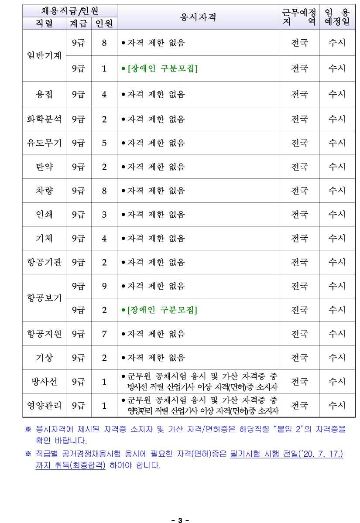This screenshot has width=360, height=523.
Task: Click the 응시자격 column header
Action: (198, 17)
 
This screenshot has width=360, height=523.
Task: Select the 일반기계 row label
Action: (45, 55)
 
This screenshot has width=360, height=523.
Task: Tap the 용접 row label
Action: (45, 94)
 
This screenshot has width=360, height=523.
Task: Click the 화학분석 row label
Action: (45, 119)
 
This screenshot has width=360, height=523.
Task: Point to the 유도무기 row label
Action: (45, 143)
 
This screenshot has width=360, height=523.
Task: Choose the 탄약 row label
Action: (45, 167)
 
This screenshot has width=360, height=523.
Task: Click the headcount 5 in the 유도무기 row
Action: (104, 143)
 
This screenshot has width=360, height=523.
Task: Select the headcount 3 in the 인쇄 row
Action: (104, 215)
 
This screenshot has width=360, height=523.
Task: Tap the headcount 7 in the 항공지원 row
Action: (104, 334)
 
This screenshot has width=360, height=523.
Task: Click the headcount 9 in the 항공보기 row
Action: (104, 286)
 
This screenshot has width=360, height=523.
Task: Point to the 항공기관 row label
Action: (45, 262)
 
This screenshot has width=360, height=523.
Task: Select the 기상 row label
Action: (45, 358)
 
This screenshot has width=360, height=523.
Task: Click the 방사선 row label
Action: (45, 381)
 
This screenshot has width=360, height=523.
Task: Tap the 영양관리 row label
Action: (45, 405)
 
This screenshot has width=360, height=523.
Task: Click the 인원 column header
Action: (104, 24)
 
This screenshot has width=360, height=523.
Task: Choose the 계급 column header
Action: (79, 24)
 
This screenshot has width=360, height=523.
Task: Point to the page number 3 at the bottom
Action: (180, 520)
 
